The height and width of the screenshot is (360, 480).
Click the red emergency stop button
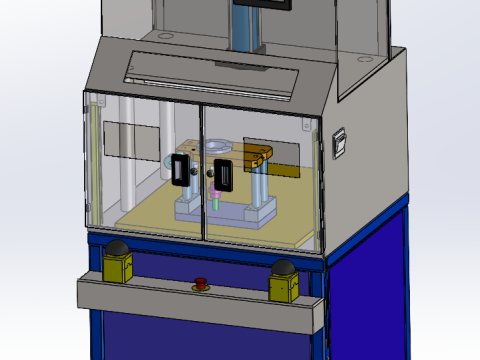(200, 283)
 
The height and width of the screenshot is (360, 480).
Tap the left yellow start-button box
(117, 267)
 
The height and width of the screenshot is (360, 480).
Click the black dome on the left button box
(117, 248)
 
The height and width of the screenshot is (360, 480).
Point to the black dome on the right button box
(283, 268)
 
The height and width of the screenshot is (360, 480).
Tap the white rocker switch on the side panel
(338, 142)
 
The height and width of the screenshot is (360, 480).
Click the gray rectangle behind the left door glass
(130, 140)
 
